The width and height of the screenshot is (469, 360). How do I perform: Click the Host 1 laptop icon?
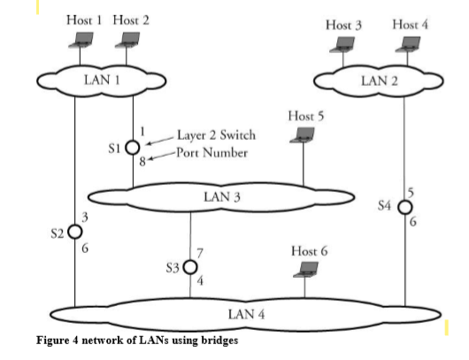(x=85, y=39)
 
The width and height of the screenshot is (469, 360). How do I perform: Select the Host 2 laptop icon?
(x=130, y=39)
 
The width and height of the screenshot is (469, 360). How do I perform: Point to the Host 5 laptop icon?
(x=304, y=134)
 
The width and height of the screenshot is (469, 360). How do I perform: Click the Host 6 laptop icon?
(x=309, y=268)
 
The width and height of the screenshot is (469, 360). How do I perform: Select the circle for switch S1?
(x=132, y=148)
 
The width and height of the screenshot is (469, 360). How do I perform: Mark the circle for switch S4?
(x=405, y=207)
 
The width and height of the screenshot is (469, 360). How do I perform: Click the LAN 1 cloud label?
(x=101, y=80)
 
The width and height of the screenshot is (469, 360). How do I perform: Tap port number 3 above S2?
(x=84, y=217)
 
